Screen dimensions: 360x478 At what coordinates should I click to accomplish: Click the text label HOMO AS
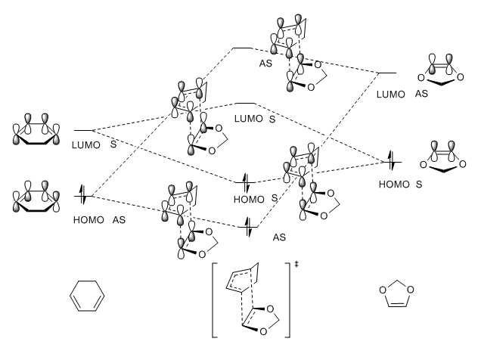[95, 219]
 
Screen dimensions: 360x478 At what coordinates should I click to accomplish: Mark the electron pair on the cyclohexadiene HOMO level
[82, 197]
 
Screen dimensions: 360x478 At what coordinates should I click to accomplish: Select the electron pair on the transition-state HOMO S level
[246, 182]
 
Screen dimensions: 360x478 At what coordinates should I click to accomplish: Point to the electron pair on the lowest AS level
[246, 225]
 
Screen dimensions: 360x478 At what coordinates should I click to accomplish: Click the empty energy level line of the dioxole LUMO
[386, 73]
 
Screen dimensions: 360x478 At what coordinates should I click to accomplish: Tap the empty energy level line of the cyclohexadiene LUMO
[82, 130]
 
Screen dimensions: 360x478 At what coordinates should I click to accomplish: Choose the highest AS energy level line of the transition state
[242, 48]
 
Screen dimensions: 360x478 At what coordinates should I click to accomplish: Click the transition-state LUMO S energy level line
[246, 103]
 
